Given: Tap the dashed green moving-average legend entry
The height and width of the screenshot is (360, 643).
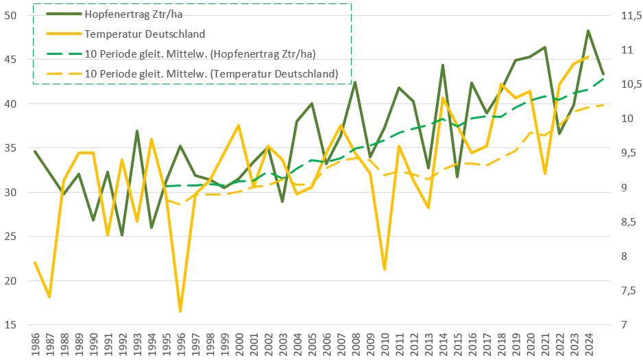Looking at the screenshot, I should pyautogui.click(x=205, y=53).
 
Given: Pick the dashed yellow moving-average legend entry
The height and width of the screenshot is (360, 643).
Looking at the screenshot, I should pyautogui.click(x=212, y=73).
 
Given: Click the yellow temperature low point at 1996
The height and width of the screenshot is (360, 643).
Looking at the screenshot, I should pyautogui.click(x=180, y=311).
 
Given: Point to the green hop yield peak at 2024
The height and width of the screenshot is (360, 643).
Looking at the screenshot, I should pyautogui.click(x=588, y=31).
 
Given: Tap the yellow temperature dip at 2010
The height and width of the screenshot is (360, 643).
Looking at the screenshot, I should pyautogui.click(x=385, y=269).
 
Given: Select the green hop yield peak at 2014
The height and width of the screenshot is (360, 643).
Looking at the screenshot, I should pyautogui.click(x=443, y=65).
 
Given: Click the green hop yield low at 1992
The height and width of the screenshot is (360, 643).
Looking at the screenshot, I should pyautogui.click(x=122, y=235).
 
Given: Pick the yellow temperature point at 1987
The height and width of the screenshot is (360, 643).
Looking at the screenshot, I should pyautogui.click(x=49, y=297).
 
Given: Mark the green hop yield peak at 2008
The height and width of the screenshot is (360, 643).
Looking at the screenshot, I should pyautogui.click(x=355, y=82).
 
